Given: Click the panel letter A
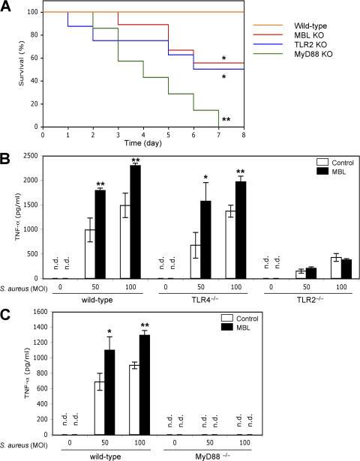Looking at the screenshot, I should point(6,7).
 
